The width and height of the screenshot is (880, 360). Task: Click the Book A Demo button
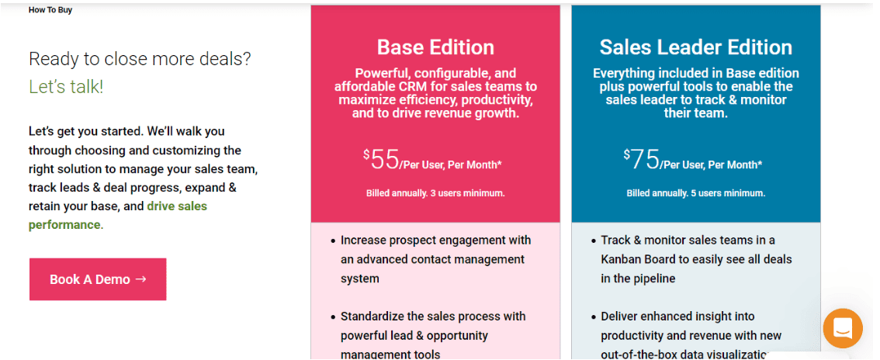[x=98, y=279]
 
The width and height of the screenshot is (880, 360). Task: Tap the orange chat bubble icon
[x=843, y=328]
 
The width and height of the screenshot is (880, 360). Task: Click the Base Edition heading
[x=435, y=47]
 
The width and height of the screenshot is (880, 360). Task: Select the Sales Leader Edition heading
[x=695, y=47]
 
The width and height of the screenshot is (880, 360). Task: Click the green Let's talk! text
[x=66, y=87]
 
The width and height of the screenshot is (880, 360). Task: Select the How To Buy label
[x=50, y=10]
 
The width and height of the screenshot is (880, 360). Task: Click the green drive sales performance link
[x=177, y=206]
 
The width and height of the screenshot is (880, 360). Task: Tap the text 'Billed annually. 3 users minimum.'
[x=435, y=193]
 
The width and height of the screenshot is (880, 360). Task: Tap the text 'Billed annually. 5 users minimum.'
[x=695, y=193]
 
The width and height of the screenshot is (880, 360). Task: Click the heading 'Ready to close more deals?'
[x=140, y=59]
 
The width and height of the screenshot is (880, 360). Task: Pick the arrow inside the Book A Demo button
[x=140, y=279]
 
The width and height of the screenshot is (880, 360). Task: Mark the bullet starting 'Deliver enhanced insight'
[x=691, y=335]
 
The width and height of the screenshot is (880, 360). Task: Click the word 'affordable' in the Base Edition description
[x=364, y=87]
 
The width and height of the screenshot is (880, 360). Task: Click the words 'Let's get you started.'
[x=85, y=131]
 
